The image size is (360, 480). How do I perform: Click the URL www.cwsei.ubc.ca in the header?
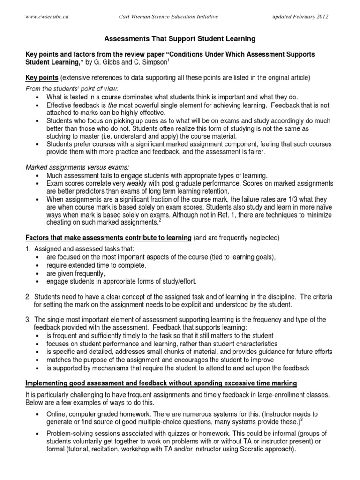[45, 17]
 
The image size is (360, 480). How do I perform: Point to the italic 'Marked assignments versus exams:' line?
[74, 167]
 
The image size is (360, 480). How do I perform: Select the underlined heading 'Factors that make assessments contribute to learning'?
[108, 238]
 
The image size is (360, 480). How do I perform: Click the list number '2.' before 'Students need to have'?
[28, 296]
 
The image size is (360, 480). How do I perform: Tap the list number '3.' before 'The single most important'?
[28, 320]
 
